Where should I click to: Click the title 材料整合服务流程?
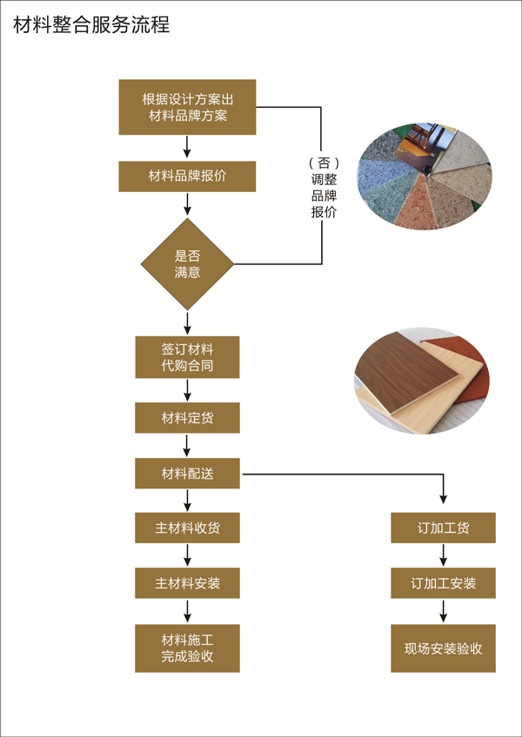pos(91,24)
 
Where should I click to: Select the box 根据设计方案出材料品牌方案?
pos(187,107)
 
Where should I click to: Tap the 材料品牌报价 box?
pos(187,176)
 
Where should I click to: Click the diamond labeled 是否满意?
pos(187,264)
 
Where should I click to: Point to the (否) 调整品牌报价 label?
pos(324,188)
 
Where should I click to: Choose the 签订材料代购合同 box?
pos(187,357)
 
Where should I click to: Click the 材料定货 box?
pos(187,418)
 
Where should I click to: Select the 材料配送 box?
pos(187,474)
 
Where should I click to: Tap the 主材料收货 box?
pos(187,528)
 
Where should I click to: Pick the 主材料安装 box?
pos(187,583)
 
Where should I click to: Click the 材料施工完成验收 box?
pos(187,647)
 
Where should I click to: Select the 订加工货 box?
pos(443,528)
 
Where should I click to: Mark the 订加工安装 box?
pos(443,583)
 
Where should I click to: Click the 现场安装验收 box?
pos(443,647)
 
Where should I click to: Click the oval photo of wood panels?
pos(422,381)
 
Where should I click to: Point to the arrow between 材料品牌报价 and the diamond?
pos(187,204)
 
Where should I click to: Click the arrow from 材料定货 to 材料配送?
pos(187,445)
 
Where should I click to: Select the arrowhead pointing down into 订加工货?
pos(443,499)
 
